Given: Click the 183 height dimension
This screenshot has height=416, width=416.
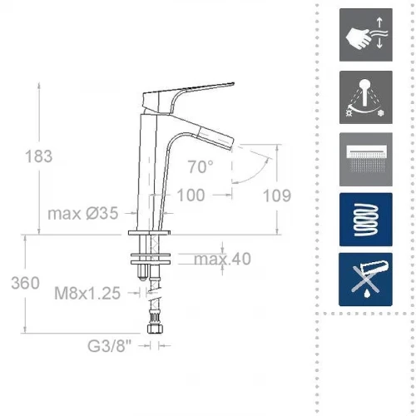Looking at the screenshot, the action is tap(38, 156).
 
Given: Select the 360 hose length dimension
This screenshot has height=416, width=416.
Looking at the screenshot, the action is tap(25, 283).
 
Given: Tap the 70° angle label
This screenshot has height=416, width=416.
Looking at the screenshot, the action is tap(201, 167).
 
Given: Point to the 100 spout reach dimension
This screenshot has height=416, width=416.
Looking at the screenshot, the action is tap(191, 195).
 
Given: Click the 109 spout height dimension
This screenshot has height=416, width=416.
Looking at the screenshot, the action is tap(277, 196).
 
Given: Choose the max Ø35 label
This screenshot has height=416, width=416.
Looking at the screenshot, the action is tap(83, 213).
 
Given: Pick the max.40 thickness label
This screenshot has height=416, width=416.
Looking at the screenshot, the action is tap(222, 259).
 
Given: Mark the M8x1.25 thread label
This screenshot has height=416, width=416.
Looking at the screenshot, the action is tap(87, 293).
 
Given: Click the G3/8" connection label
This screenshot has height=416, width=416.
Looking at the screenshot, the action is tap(109, 346).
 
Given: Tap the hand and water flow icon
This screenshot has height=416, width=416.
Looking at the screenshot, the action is tap(366, 35).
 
